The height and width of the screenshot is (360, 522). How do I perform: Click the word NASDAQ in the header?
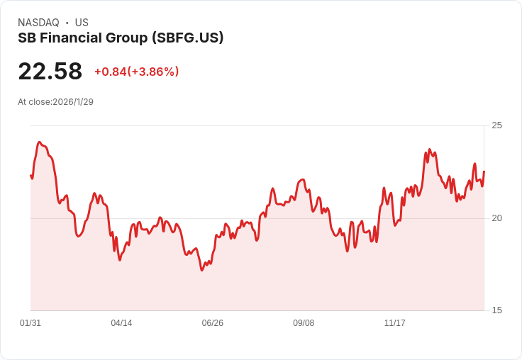click(x=38, y=23)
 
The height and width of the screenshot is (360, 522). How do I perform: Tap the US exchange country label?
click(x=82, y=23)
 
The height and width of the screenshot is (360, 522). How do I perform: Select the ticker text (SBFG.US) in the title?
click(x=188, y=38)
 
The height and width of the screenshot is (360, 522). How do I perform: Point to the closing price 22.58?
click(x=50, y=72)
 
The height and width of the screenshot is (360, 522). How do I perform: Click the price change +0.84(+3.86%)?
click(x=136, y=72)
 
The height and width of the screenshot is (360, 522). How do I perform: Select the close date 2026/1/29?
click(x=73, y=102)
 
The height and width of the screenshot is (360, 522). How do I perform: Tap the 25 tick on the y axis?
click(x=497, y=125)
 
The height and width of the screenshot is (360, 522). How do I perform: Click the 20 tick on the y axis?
click(x=497, y=218)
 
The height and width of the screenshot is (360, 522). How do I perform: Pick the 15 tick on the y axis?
click(x=497, y=310)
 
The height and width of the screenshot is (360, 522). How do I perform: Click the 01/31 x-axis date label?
click(x=30, y=323)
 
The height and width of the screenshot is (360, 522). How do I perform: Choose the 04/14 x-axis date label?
click(x=121, y=323)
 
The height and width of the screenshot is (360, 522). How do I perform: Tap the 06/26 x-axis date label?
click(x=213, y=323)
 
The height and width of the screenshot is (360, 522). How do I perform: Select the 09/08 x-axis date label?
click(x=304, y=323)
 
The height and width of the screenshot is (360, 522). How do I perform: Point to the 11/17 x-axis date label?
click(x=394, y=323)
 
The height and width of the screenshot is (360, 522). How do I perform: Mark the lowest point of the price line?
click(x=202, y=270)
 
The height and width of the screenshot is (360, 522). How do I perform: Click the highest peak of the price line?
click(x=40, y=142)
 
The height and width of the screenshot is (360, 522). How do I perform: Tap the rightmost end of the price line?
click(x=484, y=171)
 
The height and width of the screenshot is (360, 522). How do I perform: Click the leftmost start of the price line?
click(x=30, y=175)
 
